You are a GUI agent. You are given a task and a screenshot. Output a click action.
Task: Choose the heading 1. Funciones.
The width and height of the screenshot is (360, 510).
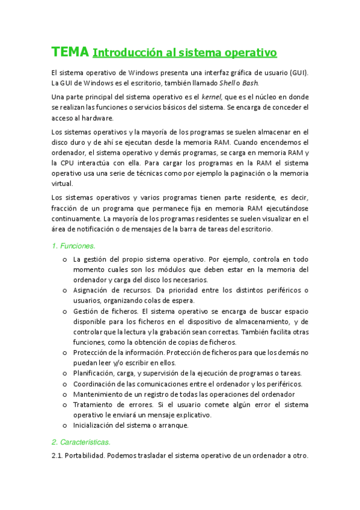[x=73, y=245]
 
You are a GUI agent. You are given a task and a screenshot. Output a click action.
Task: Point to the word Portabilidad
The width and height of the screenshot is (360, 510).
[x=85, y=455]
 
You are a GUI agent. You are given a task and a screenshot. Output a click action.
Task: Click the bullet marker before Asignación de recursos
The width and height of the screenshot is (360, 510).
[x=65, y=290]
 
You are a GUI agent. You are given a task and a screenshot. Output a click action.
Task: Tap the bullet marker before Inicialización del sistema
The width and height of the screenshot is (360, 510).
[x=65, y=425]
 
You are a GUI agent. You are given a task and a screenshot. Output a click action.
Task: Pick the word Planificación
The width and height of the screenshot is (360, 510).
[x=94, y=373]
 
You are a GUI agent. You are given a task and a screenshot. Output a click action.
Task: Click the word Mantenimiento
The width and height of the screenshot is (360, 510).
[x=100, y=394]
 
